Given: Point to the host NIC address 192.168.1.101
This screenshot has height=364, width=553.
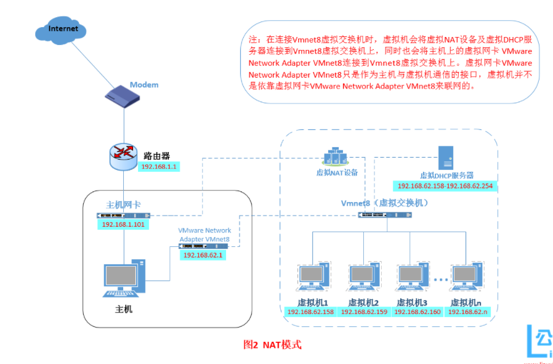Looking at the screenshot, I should coord(123,225).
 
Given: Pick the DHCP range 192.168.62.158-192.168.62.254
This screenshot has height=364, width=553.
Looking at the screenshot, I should coord(445,185).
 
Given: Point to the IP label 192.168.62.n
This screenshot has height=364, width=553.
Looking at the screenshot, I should coord(467,312).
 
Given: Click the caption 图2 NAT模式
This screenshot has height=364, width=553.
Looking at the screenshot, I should coord(273,345).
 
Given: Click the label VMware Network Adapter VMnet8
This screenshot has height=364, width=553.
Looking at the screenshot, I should coord(204,235).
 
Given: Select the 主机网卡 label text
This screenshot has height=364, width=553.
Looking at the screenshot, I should coord(127,204).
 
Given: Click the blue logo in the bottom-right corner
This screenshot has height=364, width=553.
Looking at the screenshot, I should coord(538,342).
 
